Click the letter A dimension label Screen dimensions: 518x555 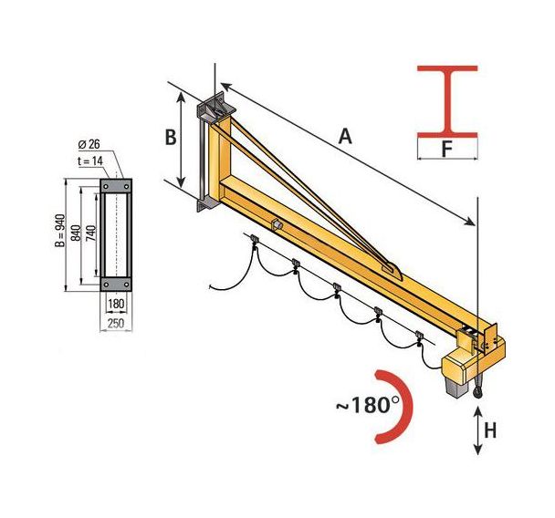[345, 136]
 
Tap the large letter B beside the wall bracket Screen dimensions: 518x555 [170, 137]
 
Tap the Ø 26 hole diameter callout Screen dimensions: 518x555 [89, 143]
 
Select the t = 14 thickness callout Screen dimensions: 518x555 [89, 160]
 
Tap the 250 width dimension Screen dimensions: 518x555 [115, 324]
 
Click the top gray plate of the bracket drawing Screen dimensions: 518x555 [116, 185]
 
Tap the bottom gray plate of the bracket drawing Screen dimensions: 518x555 [116, 282]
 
